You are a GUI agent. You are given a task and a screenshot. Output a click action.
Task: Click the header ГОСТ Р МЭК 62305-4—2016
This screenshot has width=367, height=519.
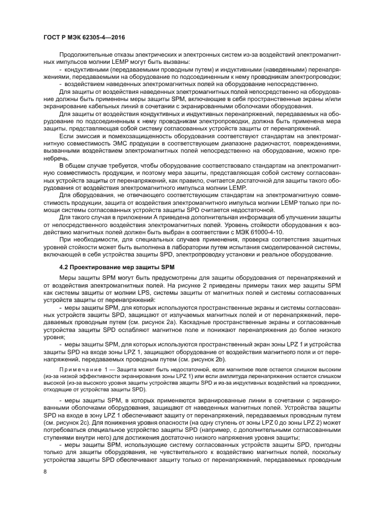pos(83,37)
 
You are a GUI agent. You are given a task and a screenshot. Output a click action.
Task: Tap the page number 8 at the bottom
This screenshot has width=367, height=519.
pos(44,472)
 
